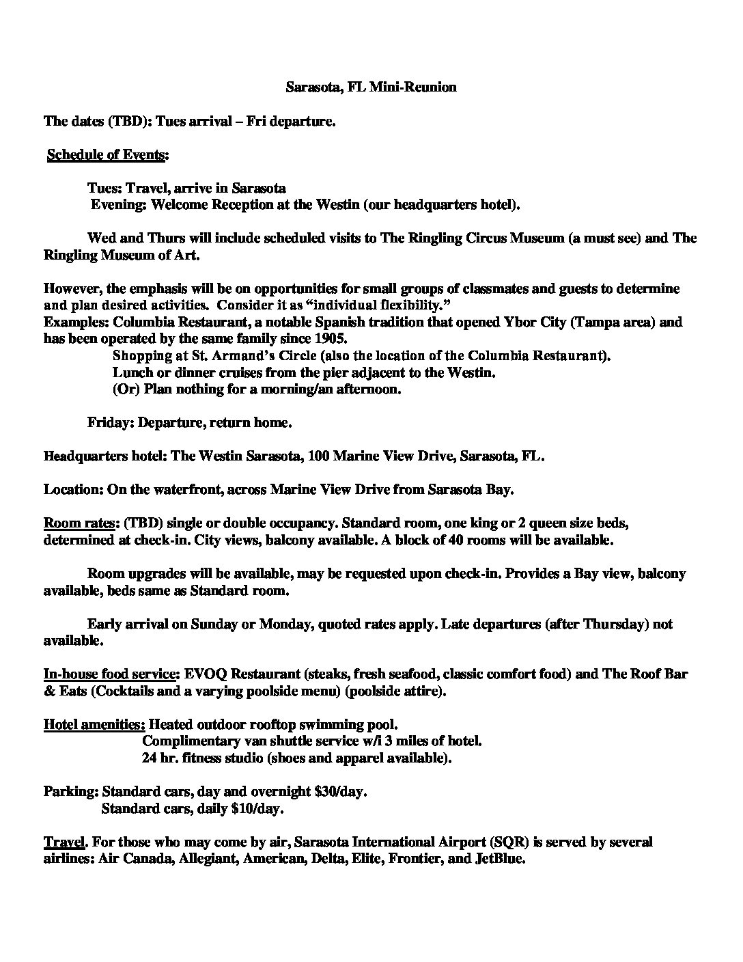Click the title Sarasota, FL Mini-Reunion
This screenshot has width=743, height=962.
[370, 87]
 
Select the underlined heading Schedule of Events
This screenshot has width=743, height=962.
[106, 155]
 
